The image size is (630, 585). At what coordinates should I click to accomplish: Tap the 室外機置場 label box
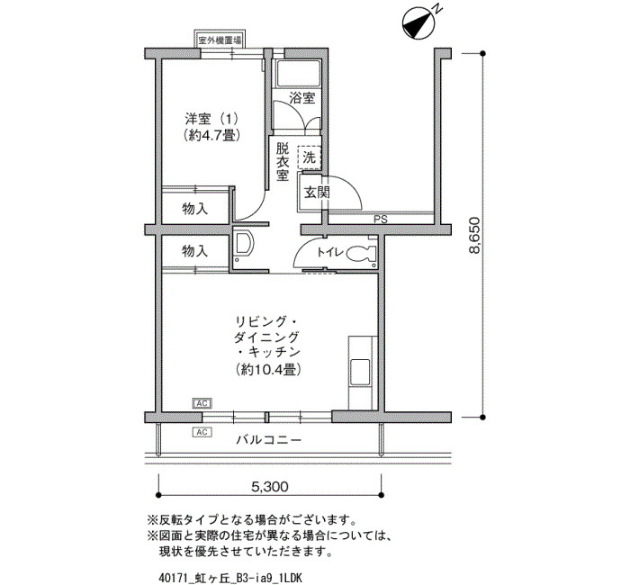click(220, 40)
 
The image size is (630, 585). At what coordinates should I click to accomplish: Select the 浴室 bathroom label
click(302, 97)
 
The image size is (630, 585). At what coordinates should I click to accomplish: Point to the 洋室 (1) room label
click(211, 120)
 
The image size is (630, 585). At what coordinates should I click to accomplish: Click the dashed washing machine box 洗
click(310, 157)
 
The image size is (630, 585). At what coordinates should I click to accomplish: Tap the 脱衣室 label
click(283, 162)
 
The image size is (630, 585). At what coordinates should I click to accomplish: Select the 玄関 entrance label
click(317, 193)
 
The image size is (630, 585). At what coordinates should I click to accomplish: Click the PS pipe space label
click(381, 220)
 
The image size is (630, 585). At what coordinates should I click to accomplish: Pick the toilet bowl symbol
click(360, 253)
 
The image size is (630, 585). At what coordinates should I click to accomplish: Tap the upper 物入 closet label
click(195, 209)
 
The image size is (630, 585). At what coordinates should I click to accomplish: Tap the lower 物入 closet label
click(195, 251)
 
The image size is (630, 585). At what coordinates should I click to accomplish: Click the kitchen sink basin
click(360, 373)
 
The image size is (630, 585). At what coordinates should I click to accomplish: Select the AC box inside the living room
click(202, 403)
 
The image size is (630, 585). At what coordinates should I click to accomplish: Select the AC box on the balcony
click(202, 432)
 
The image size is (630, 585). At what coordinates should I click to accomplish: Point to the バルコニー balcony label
click(268, 440)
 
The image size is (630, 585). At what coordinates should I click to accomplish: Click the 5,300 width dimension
click(270, 487)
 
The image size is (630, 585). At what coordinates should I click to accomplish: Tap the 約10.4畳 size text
click(268, 369)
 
